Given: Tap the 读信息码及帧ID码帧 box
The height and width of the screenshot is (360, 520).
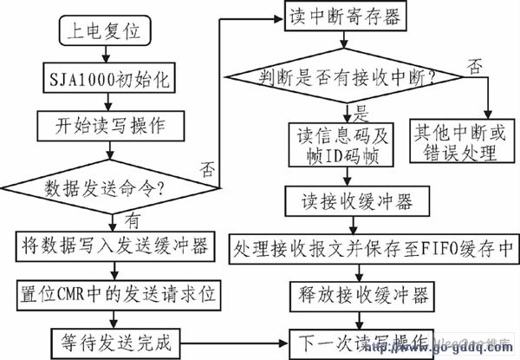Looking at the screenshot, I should point(344,143).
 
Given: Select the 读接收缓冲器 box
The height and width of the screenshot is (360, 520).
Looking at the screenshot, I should point(356,202).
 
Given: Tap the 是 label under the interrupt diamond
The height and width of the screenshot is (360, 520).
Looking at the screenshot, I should point(361,110).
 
